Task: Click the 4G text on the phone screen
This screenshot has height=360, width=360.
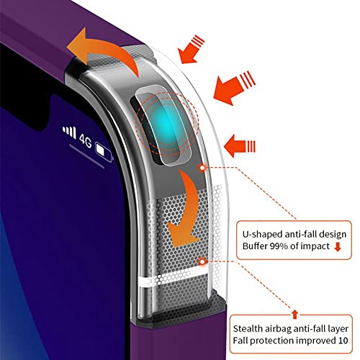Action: coord(86,140)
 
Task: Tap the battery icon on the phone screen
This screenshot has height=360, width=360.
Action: coord(104,152)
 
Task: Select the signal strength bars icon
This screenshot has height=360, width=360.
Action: coord(69,132)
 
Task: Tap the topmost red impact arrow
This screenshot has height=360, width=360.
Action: coord(191,49)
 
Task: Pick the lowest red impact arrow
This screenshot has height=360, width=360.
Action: coord(239,146)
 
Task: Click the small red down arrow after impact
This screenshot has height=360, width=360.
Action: coord(338,247)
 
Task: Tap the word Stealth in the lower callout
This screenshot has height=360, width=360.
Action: coord(248,328)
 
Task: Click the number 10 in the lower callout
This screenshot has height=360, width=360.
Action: coord(343,341)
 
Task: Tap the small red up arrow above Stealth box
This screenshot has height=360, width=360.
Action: coord(295,315)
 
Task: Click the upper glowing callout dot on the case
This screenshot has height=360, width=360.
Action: coord(203,168)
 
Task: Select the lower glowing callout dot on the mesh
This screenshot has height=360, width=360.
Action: coord(203,261)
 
